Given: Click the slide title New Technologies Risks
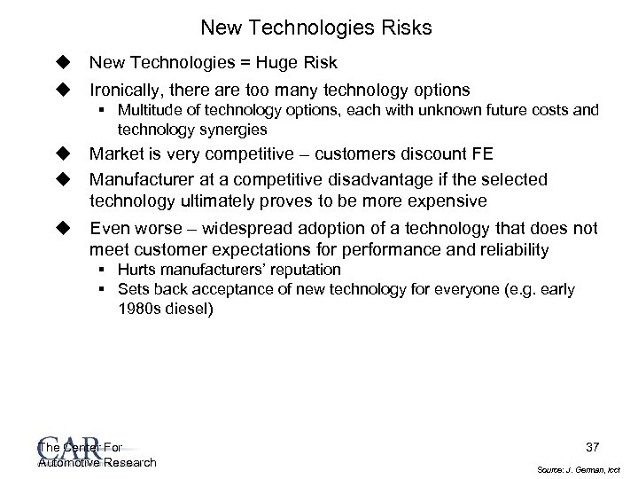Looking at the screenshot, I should [316, 28].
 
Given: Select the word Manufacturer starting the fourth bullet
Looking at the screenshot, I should [143, 180].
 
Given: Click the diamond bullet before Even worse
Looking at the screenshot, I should [63, 227].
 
